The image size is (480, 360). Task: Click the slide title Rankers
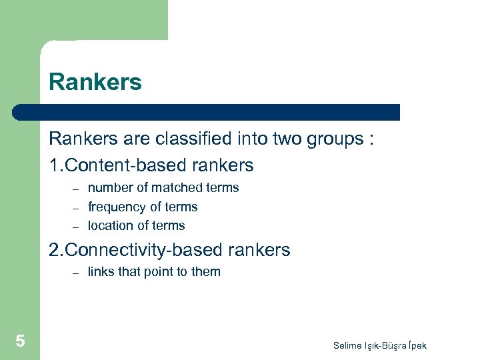click(95, 83)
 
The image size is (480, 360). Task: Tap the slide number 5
click(20, 341)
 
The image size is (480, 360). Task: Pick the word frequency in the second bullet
click(117, 207)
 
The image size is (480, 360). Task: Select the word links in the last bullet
click(101, 271)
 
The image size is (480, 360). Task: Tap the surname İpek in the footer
click(414, 345)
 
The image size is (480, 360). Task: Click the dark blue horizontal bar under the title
click(207, 112)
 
